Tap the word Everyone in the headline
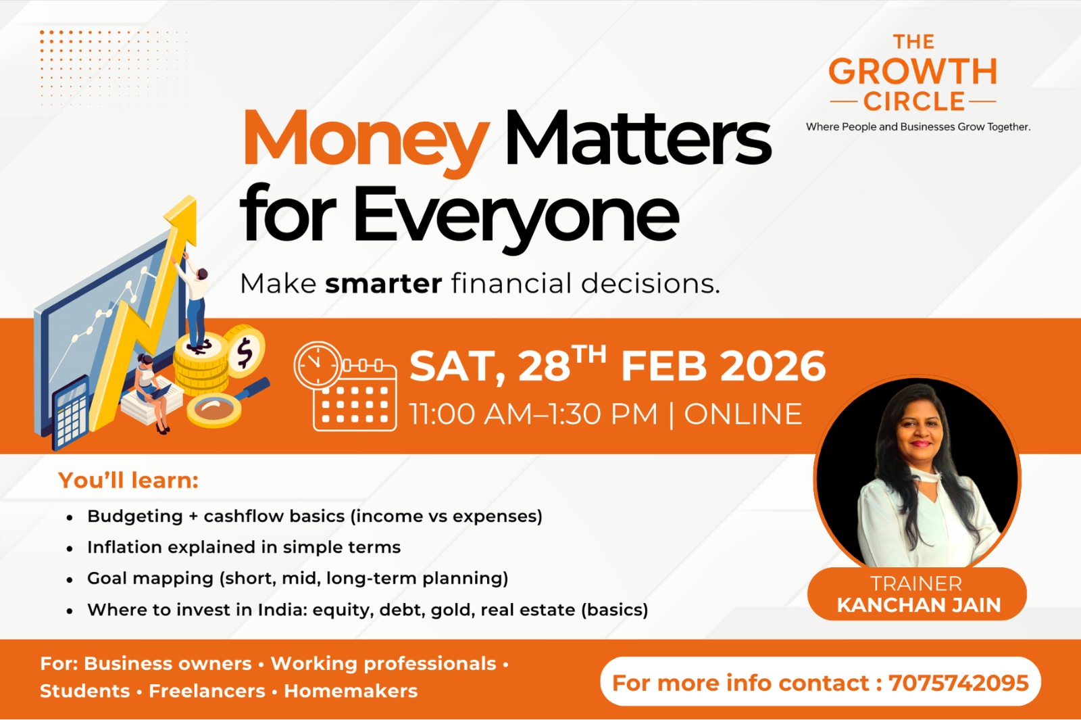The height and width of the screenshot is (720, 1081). tap(516, 214)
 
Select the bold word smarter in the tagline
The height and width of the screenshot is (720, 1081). tap(383, 284)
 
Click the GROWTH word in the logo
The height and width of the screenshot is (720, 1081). tap(913, 72)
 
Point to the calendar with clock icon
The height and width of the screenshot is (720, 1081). tap(345, 386)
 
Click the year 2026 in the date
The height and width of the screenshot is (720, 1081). tap(773, 366)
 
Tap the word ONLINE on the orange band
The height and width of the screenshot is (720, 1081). tap(743, 414)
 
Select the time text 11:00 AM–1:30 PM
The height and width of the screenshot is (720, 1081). tap(534, 414)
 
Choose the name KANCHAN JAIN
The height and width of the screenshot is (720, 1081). tap(919, 605)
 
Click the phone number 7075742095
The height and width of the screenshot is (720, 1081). tap(959, 683)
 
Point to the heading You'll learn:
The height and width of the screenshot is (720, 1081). tap(128, 480)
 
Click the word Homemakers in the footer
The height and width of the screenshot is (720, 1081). tap(351, 691)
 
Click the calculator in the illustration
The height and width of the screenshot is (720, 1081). tap(71, 412)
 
